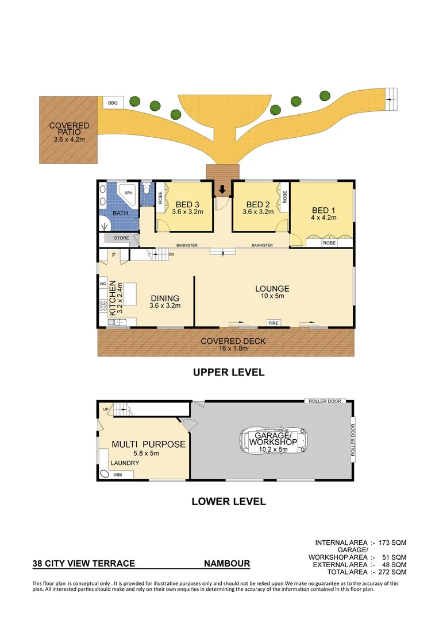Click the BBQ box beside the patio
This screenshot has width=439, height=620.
(112, 103)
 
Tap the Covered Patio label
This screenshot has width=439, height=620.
(69, 129)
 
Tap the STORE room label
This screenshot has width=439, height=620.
(121, 237)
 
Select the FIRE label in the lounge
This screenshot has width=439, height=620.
(274, 324)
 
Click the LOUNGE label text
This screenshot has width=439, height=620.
(272, 288)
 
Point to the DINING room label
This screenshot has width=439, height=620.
(165, 299)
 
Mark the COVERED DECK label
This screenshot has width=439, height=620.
(233, 341)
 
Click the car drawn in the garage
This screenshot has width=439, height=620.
(274, 441)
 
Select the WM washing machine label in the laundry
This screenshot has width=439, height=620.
(118, 475)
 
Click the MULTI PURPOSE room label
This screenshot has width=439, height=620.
(148, 444)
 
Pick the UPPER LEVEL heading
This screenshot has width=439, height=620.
(228, 373)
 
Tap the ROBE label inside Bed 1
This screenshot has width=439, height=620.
(329, 243)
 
